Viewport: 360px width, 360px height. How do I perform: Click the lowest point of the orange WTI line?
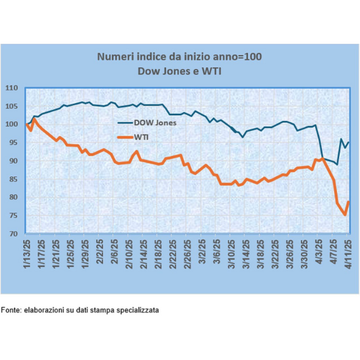tap(345, 215)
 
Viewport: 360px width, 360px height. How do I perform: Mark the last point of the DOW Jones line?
tap(348, 142)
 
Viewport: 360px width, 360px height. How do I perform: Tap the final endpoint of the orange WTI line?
tap(348, 202)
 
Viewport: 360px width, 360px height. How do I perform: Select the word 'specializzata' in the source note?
tap(138, 310)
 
